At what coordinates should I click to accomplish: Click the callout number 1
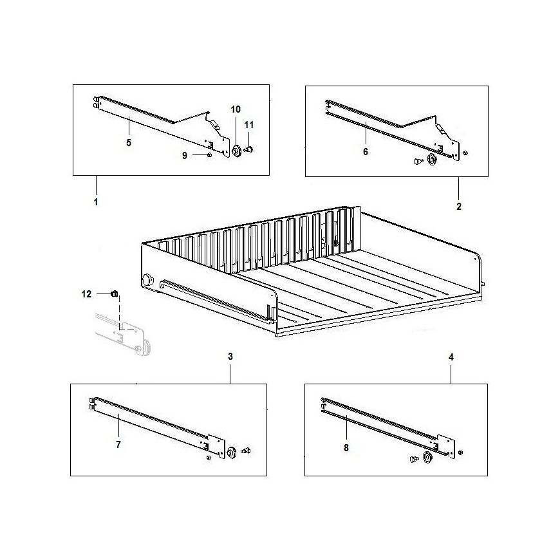[x=96, y=202]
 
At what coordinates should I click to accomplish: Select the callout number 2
[x=459, y=207]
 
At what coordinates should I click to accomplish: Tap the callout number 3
[x=230, y=357]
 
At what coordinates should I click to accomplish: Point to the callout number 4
[x=451, y=357]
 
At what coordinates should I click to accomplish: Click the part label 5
[x=129, y=143]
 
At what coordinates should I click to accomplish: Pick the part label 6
[x=366, y=152]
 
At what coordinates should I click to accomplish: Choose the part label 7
[x=118, y=445]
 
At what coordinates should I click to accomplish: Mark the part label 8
[x=346, y=448]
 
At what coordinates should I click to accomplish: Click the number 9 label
[x=185, y=156]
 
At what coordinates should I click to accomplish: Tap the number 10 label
[x=236, y=109]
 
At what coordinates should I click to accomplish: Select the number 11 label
[x=249, y=125]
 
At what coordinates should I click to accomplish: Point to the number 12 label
[x=86, y=294]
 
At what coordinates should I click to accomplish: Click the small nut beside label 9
[x=210, y=154]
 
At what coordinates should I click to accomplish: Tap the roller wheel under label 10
[x=236, y=151]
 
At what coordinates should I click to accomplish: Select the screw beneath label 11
[x=248, y=149]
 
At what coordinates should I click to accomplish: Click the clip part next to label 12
[x=115, y=294]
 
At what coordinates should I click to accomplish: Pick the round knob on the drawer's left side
[x=147, y=279]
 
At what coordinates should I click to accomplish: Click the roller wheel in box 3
[x=232, y=453]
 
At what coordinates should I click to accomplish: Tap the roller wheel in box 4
[x=427, y=457]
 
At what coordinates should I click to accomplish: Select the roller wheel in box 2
[x=432, y=160]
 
